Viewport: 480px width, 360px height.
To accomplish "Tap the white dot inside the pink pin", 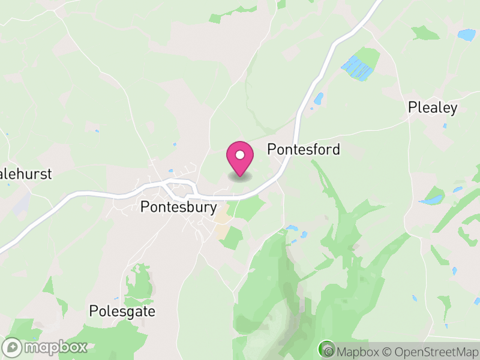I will (x=240, y=155).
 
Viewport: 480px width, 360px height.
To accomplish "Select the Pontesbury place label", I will (x=178, y=207).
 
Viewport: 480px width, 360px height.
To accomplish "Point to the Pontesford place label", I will (x=304, y=149).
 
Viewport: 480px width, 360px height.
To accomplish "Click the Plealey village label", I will (x=433, y=108).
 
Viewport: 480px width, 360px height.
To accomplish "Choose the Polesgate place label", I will (x=122, y=311).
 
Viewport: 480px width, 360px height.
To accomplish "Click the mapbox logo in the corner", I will (x=46, y=347).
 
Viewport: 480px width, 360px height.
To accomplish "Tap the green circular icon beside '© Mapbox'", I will (x=327, y=348).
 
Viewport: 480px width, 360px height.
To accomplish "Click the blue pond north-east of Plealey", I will (x=467, y=35).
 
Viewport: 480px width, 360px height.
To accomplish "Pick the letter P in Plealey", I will (x=412, y=108).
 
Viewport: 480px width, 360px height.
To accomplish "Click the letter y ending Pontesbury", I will (x=212, y=208).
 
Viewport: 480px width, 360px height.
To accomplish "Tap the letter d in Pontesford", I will (x=336, y=149).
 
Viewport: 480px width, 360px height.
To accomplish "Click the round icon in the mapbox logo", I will (x=13, y=347).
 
